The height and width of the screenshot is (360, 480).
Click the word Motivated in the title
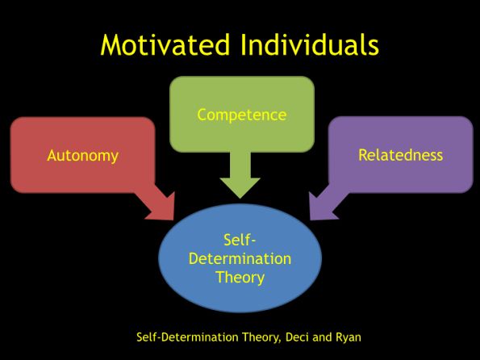165,44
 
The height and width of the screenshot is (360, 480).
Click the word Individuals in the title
310,44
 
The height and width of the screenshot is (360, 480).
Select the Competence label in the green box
242,115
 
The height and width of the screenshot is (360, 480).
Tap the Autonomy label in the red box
82,156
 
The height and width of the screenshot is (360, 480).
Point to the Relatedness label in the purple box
400,155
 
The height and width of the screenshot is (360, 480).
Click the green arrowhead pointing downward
240,187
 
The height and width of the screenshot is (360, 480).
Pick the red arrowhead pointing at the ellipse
162,208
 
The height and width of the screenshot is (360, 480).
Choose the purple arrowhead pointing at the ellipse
321,208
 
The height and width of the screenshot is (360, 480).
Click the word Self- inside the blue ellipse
240,240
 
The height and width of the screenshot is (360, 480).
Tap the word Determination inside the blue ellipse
240,258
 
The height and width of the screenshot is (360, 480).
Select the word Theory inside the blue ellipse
240,278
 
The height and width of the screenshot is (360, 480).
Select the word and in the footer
323,337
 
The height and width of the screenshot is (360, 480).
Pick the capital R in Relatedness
363,155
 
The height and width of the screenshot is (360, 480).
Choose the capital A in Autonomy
52,155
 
